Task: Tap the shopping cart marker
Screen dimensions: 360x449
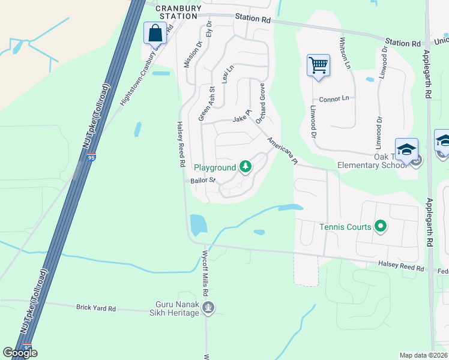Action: coord(318,65)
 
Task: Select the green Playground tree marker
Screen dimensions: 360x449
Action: coord(245,167)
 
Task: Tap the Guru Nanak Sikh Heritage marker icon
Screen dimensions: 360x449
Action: coord(208,308)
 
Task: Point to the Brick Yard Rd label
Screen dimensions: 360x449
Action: coord(95,308)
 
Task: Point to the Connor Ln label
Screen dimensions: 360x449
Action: coord(334,98)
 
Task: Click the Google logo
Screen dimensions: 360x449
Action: coord(20,353)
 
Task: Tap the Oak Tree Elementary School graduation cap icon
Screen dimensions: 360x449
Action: coord(406,149)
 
